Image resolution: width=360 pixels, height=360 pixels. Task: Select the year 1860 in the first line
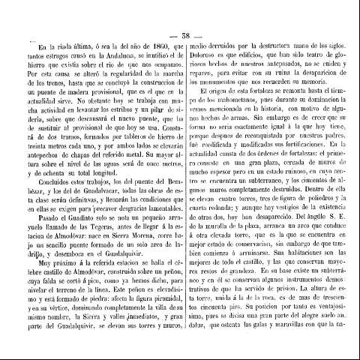coord(157,47)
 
